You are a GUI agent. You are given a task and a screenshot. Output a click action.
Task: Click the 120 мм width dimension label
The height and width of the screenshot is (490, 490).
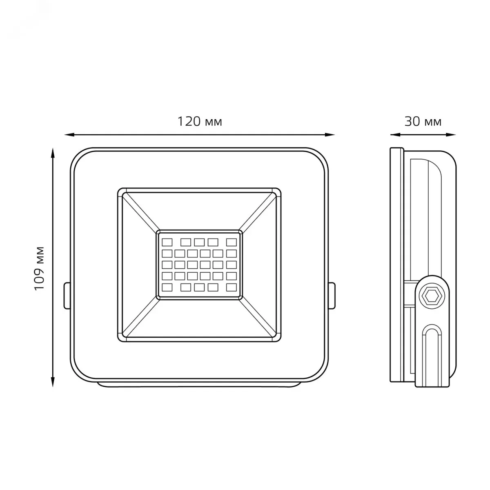point(200,122)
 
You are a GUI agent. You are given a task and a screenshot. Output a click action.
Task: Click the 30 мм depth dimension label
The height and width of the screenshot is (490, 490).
point(423,122)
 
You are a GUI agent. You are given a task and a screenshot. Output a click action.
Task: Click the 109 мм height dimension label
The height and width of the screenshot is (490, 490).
point(40,268)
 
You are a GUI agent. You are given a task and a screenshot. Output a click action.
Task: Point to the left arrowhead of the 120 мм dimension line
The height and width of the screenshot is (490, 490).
point(69,135)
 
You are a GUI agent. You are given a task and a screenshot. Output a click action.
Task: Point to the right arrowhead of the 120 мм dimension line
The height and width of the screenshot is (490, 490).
point(330,135)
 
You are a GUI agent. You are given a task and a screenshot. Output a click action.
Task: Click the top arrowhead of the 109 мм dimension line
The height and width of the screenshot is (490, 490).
point(53,153)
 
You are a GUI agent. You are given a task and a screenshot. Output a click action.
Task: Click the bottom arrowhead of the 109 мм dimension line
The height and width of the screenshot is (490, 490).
point(53,382)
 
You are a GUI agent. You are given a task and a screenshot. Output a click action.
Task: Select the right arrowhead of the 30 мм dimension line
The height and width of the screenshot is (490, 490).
point(451,135)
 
